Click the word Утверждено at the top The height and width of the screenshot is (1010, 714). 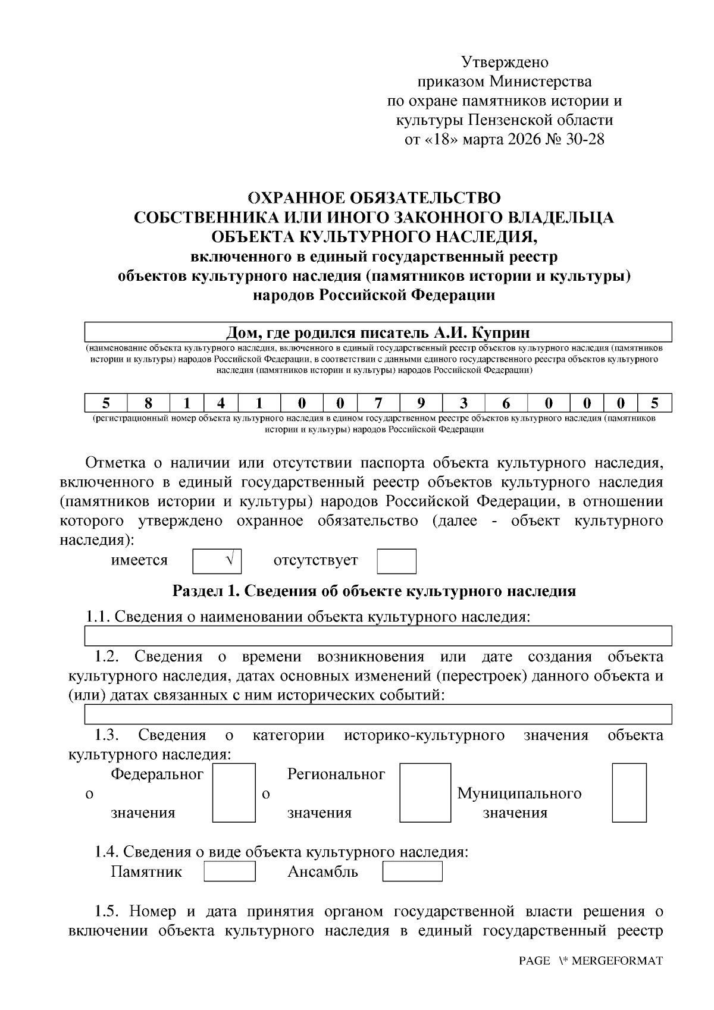click(x=505, y=62)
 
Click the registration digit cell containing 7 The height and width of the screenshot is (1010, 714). click(x=378, y=403)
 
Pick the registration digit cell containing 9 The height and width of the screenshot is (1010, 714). click(x=421, y=403)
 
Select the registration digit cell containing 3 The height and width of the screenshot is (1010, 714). click(x=464, y=403)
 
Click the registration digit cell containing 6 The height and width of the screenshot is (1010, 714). click(x=506, y=403)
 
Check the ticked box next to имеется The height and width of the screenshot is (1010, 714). click(x=217, y=561)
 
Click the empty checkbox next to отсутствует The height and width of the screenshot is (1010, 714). click(x=396, y=561)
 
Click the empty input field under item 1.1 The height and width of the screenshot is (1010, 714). click(x=378, y=636)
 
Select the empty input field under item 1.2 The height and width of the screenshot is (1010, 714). click(x=378, y=714)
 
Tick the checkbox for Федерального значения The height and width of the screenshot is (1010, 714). click(x=234, y=793)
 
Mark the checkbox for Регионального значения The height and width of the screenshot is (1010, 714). click(x=424, y=793)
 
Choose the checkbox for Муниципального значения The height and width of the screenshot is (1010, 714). click(x=629, y=793)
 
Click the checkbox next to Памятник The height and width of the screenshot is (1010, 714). click(x=230, y=871)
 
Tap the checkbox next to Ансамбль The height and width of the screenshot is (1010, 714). click(x=412, y=871)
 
